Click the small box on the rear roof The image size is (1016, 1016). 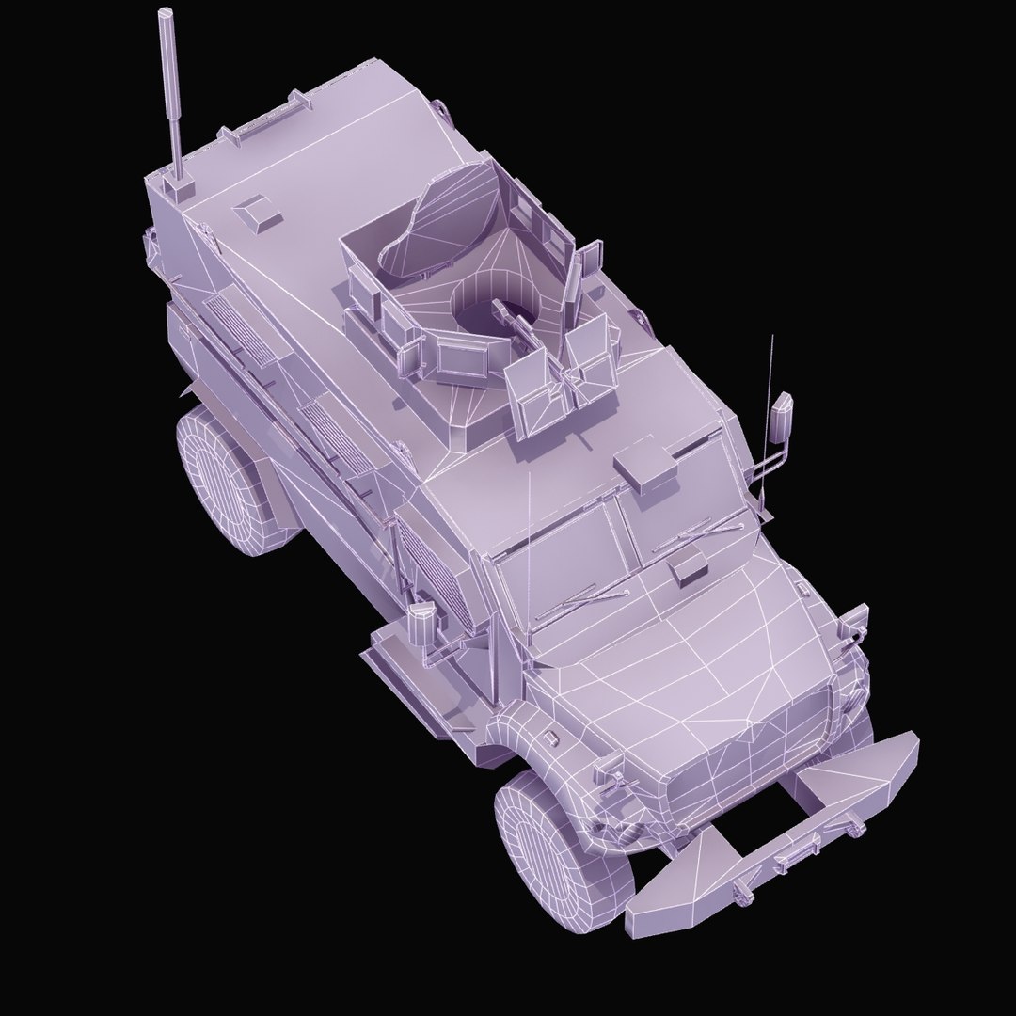coord(256,214)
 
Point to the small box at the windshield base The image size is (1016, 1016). coord(688,564)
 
